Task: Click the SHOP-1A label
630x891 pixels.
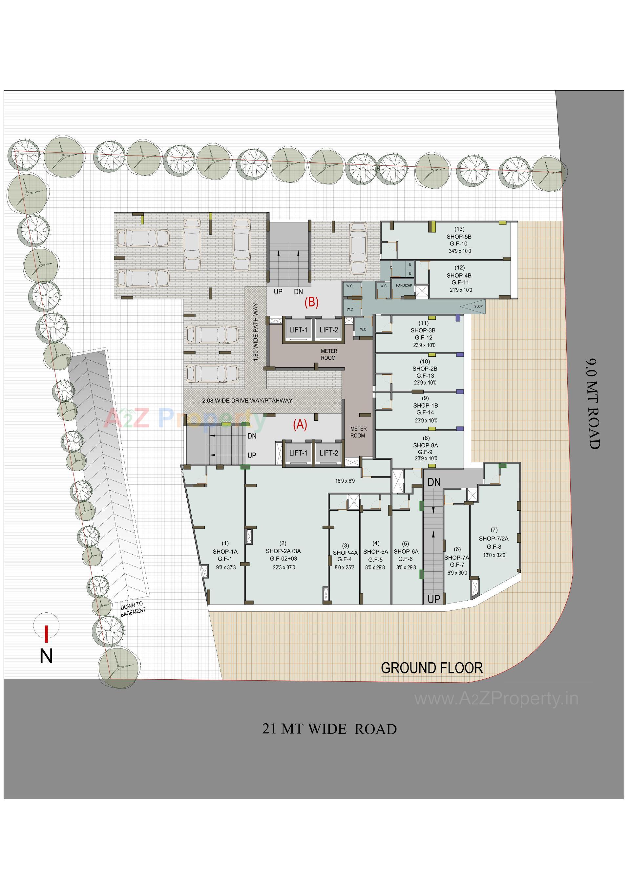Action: point(225,551)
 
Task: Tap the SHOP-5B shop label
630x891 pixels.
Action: point(459,236)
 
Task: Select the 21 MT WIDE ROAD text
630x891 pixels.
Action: point(329,729)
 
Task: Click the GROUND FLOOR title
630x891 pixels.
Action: point(432,668)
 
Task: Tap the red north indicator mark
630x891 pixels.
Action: point(46,634)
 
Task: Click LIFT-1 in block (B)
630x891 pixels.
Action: point(298,330)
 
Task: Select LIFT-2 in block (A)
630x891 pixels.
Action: point(328,453)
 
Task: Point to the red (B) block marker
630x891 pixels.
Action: point(311,302)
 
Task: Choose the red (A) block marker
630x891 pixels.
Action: point(300,425)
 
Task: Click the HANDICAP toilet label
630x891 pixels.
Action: point(404,285)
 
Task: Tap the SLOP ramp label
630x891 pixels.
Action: point(478,306)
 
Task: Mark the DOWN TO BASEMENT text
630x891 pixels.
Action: point(132,609)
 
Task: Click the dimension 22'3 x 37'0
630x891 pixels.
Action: point(283,567)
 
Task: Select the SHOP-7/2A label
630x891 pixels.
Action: point(493,539)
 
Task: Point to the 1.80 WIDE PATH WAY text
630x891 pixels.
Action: point(255,332)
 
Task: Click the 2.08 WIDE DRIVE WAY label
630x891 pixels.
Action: point(247,400)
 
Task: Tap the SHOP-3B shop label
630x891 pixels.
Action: point(423,330)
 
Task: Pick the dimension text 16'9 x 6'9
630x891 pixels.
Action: point(345,481)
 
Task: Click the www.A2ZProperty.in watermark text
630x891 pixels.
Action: point(496,698)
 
